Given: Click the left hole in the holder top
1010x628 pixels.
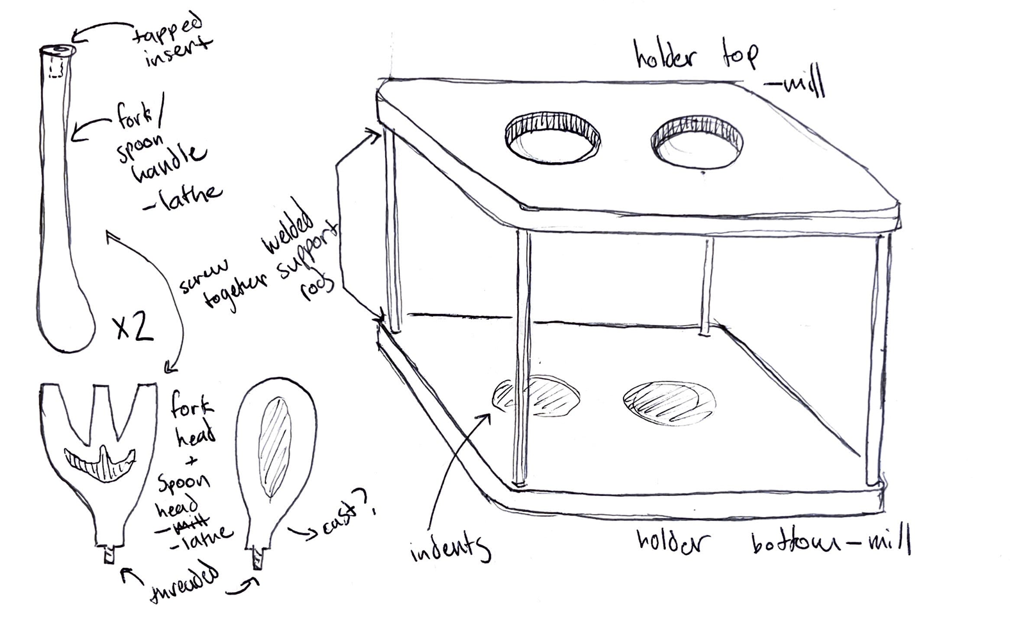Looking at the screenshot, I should click(x=552, y=140).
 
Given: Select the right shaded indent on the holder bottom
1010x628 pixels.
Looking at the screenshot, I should click(x=668, y=404).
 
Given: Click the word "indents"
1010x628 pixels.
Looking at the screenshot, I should click(x=451, y=548).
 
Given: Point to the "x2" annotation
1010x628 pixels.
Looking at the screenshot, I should click(x=133, y=327).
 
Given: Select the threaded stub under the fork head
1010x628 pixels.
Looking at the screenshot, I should click(x=110, y=554).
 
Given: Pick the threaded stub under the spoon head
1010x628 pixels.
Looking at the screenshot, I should click(x=258, y=558).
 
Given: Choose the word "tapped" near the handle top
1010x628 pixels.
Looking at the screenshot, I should click(x=168, y=29).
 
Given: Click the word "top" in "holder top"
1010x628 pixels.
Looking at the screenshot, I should click(x=740, y=56).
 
